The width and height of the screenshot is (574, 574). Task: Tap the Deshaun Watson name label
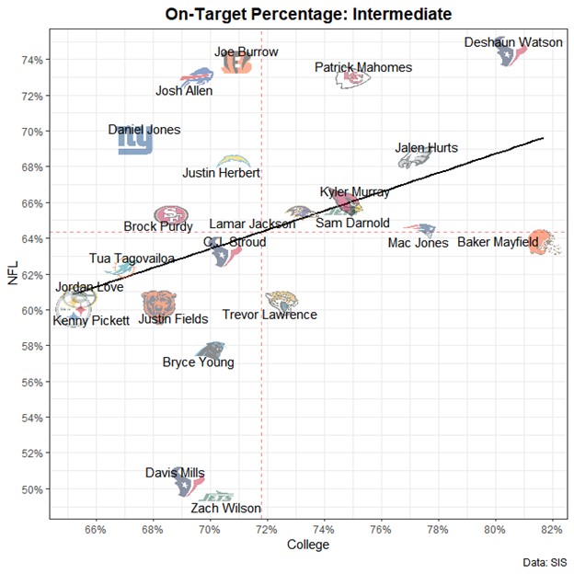(x=508, y=42)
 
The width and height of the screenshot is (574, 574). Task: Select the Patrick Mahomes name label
(x=362, y=67)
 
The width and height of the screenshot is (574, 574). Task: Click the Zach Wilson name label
(x=226, y=508)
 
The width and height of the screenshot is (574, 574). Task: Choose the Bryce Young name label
(x=198, y=362)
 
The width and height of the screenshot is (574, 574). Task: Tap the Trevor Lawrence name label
(x=270, y=315)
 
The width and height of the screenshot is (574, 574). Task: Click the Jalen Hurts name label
(x=426, y=148)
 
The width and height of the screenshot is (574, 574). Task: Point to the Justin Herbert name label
(x=221, y=173)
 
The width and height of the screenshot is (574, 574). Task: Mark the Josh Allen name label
(x=184, y=90)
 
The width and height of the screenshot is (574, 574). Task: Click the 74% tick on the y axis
(x=34, y=60)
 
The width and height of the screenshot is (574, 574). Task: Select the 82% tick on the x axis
(x=552, y=530)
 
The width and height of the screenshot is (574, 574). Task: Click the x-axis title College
(x=308, y=545)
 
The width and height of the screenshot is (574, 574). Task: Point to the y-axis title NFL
(x=13, y=274)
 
